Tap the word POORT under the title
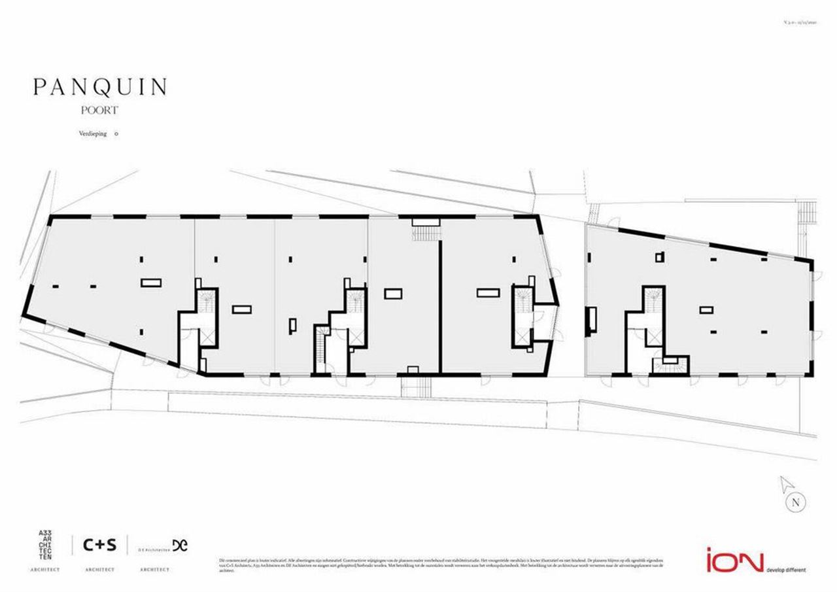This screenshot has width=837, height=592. tap(100, 111)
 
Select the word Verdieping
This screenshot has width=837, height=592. tap(92, 133)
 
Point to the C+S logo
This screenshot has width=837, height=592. tap(99, 544)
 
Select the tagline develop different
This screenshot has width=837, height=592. tap(785, 570)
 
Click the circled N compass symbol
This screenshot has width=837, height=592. tap(795, 503)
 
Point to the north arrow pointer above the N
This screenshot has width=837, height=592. tap(786, 485)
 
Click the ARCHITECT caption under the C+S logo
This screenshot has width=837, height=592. tap(99, 570)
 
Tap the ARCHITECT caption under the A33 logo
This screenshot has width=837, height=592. tap(45, 570)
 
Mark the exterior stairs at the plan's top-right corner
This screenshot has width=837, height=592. tap(809, 213)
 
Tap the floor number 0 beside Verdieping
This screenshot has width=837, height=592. tap(116, 133)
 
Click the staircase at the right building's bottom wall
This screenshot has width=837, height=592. tap(671, 366)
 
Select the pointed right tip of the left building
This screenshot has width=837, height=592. tap(556, 304)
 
